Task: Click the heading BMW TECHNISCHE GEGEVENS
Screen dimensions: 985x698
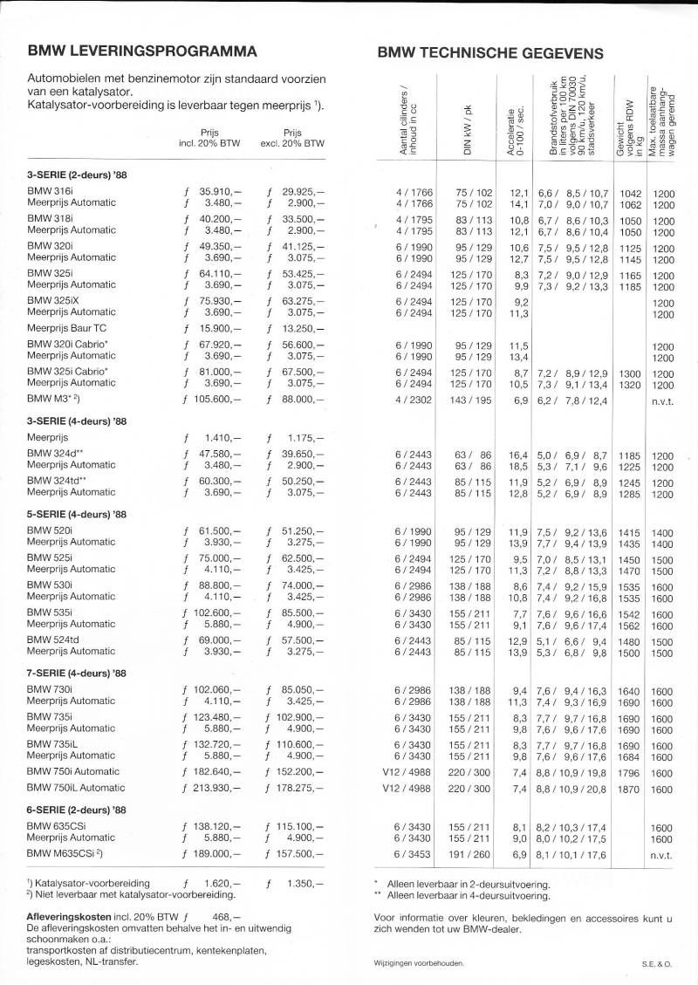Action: (490, 53)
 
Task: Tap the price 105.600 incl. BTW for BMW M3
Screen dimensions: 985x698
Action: (213, 399)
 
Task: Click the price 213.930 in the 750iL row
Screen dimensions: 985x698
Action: (213, 789)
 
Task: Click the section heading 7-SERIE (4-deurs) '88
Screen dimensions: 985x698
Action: (77, 673)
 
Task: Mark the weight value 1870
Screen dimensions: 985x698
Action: (628, 789)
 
